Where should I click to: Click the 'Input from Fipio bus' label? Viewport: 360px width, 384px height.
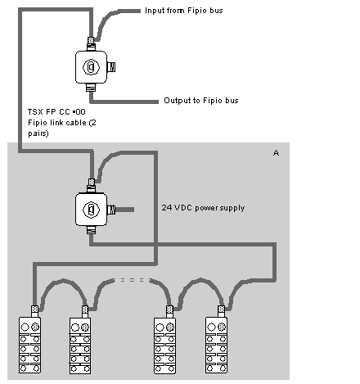[x=184, y=11]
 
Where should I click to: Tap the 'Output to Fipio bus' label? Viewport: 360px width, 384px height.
[x=201, y=101]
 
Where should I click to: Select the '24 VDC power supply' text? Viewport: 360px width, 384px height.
[x=203, y=208]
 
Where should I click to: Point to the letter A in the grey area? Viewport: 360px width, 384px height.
[x=276, y=153]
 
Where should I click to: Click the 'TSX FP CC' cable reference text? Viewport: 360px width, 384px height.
[x=56, y=112]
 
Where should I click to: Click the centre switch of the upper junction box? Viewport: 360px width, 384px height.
[x=91, y=67]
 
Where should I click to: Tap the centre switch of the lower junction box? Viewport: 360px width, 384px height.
[x=91, y=210]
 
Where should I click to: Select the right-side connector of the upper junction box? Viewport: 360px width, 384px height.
[x=111, y=67]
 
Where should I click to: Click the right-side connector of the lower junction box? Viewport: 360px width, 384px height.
[x=111, y=210]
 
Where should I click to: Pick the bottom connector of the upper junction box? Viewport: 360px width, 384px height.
[x=91, y=88]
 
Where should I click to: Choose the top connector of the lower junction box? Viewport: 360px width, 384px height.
[x=92, y=185]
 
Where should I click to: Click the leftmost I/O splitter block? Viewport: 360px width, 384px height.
[x=29, y=345]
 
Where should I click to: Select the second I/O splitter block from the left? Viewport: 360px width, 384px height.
[x=80, y=346]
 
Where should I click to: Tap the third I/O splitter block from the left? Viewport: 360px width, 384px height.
[x=164, y=346]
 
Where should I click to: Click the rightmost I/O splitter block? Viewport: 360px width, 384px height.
[x=216, y=345]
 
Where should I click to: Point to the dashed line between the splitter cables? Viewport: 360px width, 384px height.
[x=133, y=280]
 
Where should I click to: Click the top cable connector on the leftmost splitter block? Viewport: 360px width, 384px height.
[x=34, y=311]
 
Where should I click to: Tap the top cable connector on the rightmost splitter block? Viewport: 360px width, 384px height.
[x=221, y=311]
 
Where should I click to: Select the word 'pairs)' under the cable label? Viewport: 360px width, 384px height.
[x=38, y=133]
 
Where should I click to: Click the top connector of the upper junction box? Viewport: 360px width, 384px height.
[x=91, y=43]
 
